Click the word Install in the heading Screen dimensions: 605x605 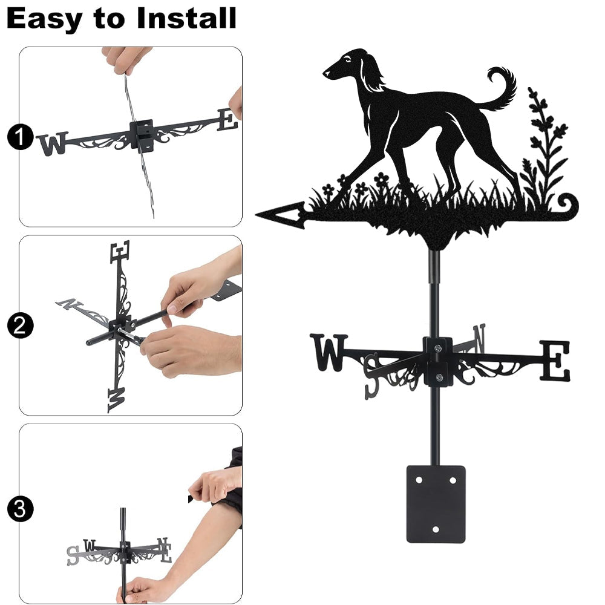(187, 18)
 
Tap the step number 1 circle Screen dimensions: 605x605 (20, 137)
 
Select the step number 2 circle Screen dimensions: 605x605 (20, 325)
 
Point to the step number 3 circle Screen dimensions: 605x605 (20, 509)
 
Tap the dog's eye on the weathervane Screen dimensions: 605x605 (348, 59)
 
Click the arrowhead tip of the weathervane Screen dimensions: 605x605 (257, 215)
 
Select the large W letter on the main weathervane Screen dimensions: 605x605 (329, 352)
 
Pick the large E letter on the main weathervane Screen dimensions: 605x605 (554, 361)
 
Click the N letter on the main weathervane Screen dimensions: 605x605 (479, 338)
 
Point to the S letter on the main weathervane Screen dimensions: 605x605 (372, 376)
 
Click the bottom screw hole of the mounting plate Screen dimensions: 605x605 (436, 529)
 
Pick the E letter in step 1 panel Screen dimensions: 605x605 (227, 120)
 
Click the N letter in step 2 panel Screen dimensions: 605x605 (70, 304)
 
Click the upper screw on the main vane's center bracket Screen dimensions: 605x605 (437, 349)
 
